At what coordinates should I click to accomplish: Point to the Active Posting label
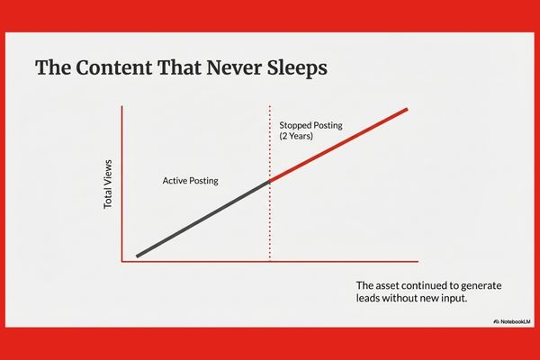[x=190, y=181]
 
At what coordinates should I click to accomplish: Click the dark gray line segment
[x=202, y=219]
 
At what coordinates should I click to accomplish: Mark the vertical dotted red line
[x=270, y=225]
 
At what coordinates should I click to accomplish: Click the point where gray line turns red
[x=270, y=182]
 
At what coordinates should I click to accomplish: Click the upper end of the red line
[x=407, y=110]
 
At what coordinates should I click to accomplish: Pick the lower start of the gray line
[x=138, y=256]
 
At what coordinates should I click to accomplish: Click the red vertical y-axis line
[x=121, y=184]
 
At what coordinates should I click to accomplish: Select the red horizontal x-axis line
[x=270, y=262]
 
